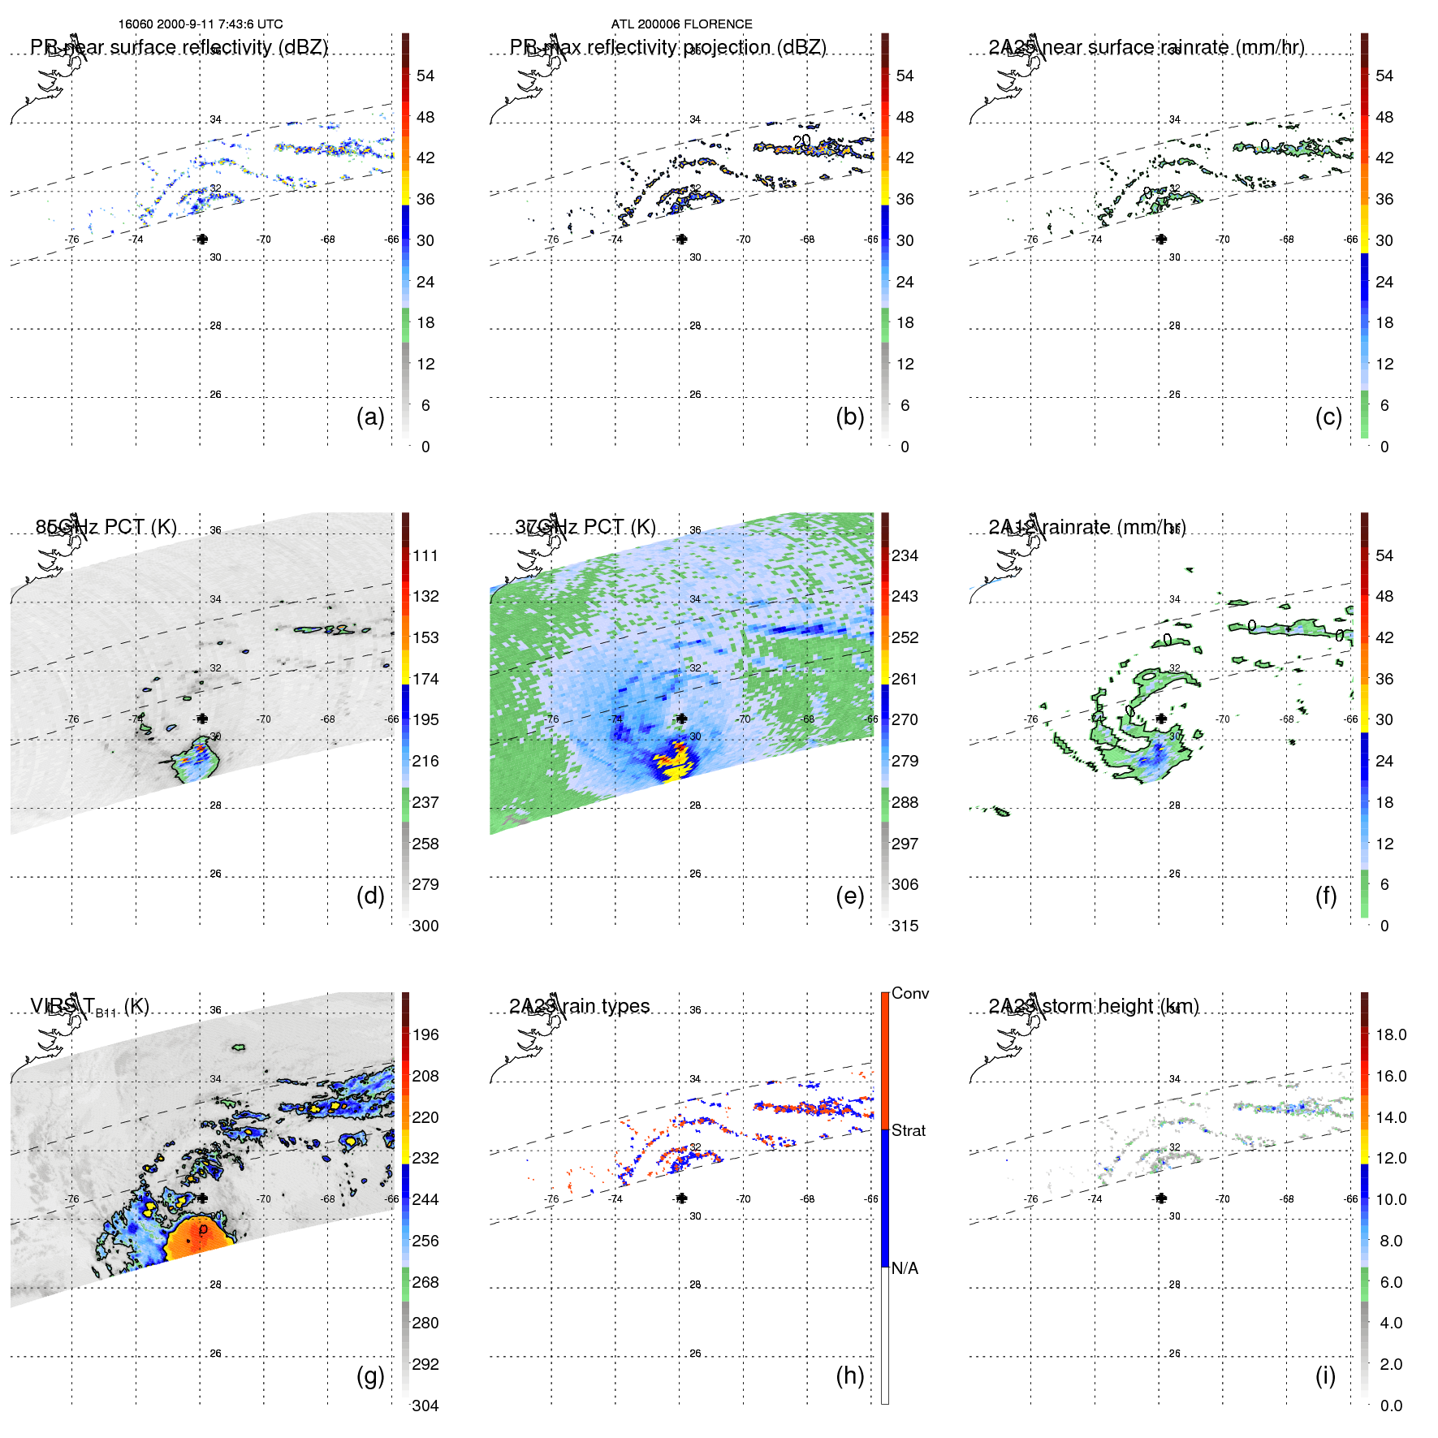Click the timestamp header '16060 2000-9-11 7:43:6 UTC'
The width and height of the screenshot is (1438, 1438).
click(x=201, y=24)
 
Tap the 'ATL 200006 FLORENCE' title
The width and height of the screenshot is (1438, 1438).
click(x=681, y=24)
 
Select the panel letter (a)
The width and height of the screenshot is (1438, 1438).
click(x=370, y=417)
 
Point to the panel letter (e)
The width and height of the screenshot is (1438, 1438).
click(x=849, y=896)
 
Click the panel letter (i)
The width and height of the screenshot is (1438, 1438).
click(x=1325, y=1375)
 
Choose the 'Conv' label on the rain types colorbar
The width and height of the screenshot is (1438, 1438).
click(x=909, y=993)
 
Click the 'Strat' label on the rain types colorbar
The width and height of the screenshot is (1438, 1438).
click(x=908, y=1130)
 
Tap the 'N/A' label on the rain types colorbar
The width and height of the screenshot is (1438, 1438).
click(x=905, y=1268)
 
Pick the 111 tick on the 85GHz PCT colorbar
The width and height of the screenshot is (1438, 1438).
click(x=425, y=555)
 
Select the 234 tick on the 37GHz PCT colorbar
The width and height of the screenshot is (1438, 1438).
click(x=905, y=555)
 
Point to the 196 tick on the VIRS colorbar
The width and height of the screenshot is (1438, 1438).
click(x=425, y=1034)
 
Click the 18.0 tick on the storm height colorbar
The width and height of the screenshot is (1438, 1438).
click(x=1391, y=1034)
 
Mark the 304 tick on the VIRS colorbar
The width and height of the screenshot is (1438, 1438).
click(x=425, y=1406)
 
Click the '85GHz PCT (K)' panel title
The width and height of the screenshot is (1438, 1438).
click(x=106, y=527)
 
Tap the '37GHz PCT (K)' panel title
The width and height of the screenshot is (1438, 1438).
click(x=585, y=527)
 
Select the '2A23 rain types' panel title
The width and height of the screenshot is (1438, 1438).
click(x=580, y=1006)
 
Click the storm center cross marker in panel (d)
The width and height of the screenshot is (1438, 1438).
click(x=201, y=719)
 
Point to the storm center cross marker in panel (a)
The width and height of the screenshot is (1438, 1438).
click(x=201, y=239)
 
